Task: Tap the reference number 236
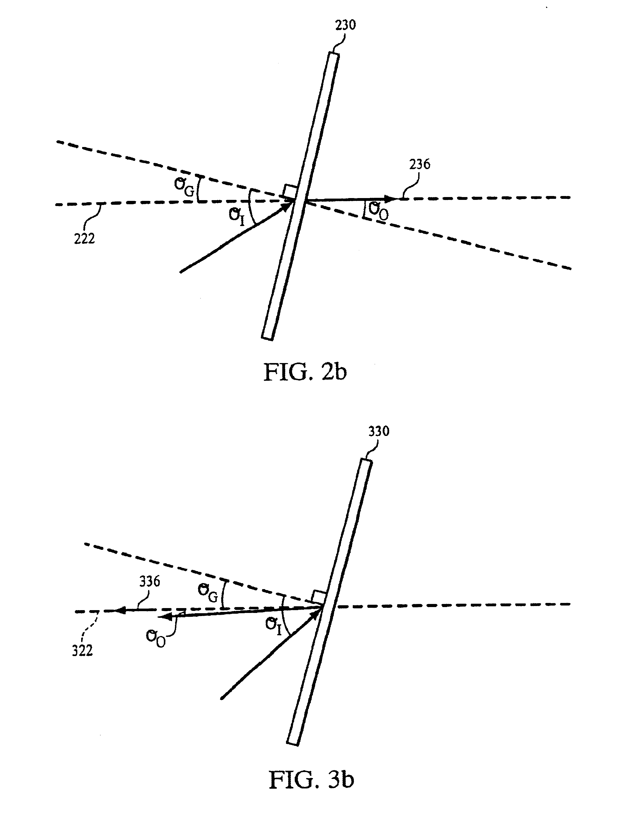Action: point(420,164)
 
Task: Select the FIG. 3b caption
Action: point(311,780)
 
